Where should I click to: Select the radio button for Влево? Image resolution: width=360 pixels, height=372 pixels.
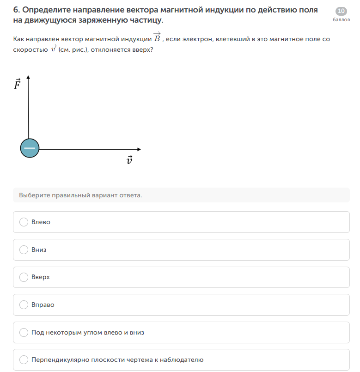coord(24,222)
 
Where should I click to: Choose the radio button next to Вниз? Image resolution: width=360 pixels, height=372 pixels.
coord(24,250)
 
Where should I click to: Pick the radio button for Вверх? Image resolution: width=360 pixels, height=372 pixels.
coord(24,277)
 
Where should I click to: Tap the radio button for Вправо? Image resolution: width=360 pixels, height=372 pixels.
coord(24,305)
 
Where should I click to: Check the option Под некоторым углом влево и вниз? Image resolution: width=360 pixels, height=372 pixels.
coord(24,332)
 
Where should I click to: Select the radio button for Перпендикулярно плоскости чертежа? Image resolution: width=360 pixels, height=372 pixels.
coord(24,360)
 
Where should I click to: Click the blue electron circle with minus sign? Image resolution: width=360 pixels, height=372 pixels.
coord(30,149)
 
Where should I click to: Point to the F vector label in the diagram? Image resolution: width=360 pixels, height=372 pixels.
coord(17,85)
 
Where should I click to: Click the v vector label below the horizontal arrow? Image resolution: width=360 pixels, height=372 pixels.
coord(129,160)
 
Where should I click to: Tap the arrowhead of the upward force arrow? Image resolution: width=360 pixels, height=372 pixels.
coord(29,77)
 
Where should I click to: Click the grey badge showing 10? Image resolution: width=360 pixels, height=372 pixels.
coord(342,11)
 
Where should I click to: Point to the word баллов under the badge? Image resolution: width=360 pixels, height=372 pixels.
coord(342,20)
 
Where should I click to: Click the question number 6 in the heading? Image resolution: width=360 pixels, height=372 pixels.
coord(16,10)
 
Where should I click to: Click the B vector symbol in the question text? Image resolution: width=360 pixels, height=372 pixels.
coord(157,38)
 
